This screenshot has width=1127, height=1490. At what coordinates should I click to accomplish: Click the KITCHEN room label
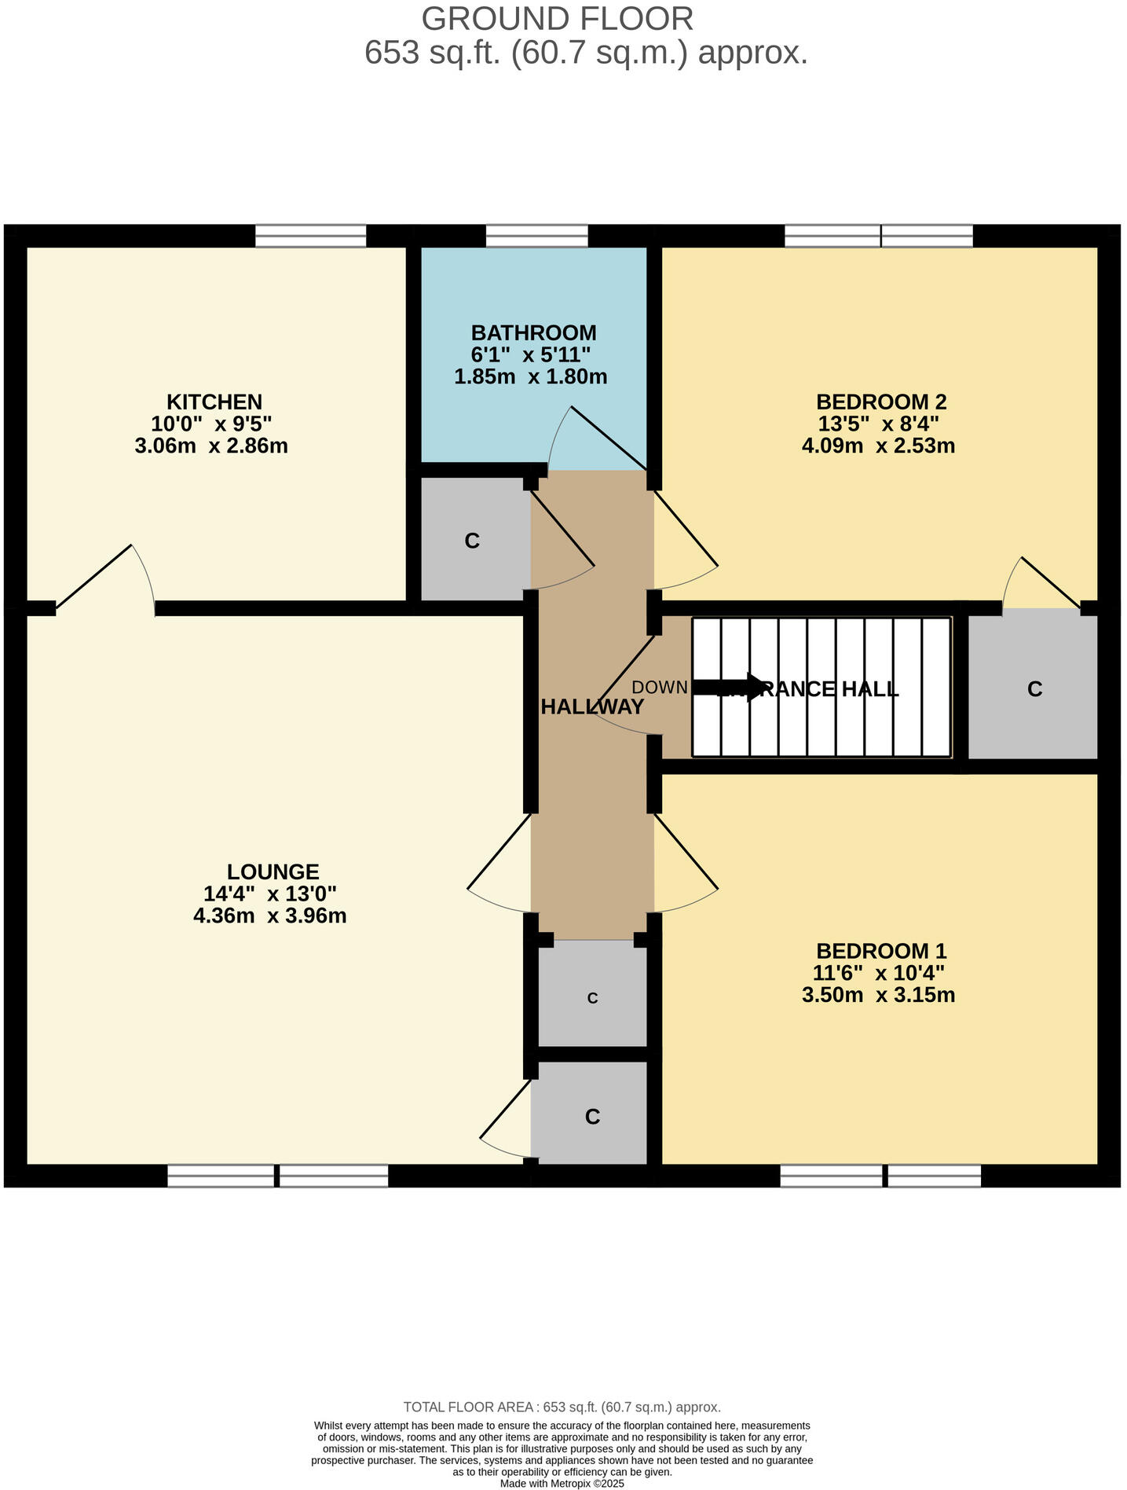(214, 402)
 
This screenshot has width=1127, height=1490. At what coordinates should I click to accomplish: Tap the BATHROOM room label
(533, 332)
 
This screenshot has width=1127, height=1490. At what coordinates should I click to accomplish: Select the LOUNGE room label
(273, 872)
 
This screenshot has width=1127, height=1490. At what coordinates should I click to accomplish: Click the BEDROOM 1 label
(881, 951)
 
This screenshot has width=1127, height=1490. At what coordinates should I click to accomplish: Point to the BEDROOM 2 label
(881, 402)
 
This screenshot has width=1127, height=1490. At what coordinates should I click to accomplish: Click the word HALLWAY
(592, 706)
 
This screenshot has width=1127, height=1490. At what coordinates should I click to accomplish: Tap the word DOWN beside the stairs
(660, 688)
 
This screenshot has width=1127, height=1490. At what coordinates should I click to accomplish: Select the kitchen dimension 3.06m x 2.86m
(211, 446)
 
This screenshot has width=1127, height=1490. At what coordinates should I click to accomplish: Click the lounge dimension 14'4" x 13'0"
(270, 894)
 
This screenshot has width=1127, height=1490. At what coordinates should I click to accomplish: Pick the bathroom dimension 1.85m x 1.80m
(531, 376)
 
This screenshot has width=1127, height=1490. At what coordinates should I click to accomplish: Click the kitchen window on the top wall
(311, 236)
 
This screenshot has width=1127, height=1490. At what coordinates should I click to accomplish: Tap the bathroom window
(536, 236)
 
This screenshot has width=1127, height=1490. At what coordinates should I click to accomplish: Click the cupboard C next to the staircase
(1034, 689)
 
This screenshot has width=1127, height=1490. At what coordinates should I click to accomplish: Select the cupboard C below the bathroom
(472, 541)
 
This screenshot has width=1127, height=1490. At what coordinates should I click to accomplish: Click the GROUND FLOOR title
(558, 18)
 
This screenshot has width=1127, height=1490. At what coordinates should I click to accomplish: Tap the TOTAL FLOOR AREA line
(562, 1407)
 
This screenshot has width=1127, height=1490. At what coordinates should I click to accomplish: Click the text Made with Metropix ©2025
(562, 1483)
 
